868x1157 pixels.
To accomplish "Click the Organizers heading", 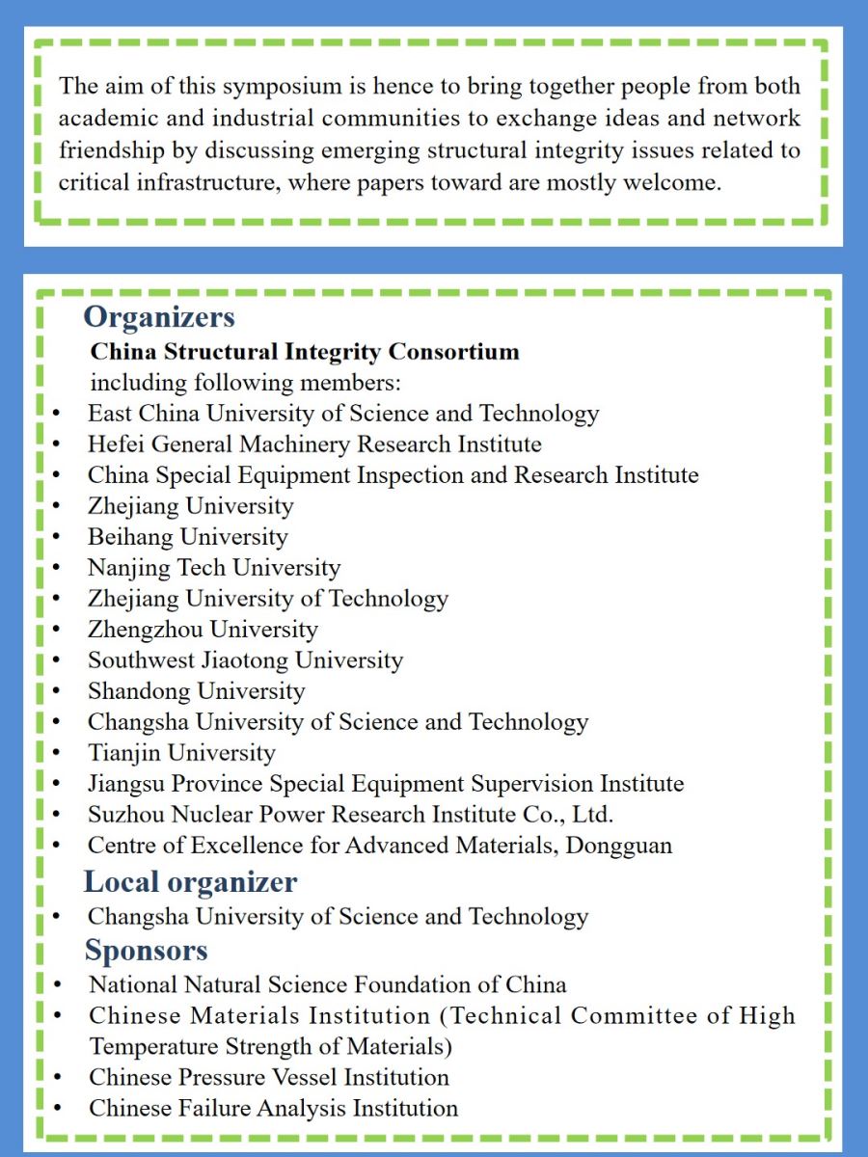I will pyautogui.click(x=159, y=317).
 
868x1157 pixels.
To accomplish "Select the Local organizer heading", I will pyautogui.click(x=191, y=882).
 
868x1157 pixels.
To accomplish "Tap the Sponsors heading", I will pyautogui.click(x=147, y=951).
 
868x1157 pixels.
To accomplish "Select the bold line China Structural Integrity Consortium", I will pyautogui.click(x=305, y=351).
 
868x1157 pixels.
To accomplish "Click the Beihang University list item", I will pyautogui.click(x=188, y=537).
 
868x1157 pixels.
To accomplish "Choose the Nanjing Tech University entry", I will pyautogui.click(x=214, y=568).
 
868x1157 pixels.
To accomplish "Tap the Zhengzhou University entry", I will pyautogui.click(x=203, y=630).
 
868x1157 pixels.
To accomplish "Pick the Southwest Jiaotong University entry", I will pyautogui.click(x=245, y=660).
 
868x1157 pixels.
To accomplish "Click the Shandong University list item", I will pyautogui.click(x=196, y=691).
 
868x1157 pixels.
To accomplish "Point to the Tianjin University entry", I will pyautogui.click(x=181, y=753).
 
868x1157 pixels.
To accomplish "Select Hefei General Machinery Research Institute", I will pyautogui.click(x=314, y=444).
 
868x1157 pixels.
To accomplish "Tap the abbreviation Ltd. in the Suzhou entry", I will pyautogui.click(x=592, y=815).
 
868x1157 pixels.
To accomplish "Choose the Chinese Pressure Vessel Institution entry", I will pyautogui.click(x=269, y=1077).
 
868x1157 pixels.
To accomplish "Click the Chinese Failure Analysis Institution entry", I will pyautogui.click(x=274, y=1108).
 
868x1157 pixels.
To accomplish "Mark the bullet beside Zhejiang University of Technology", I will pyautogui.click(x=58, y=600).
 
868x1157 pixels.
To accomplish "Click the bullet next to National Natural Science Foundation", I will pyautogui.click(x=58, y=985).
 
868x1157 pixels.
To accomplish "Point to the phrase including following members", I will pyautogui.click(x=246, y=383).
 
